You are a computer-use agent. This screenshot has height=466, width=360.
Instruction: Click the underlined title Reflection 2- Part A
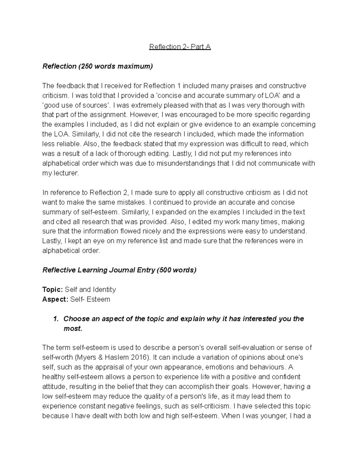pyautogui.click(x=180, y=47)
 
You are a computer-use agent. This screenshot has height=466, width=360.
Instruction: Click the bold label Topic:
pyautogui.click(x=52, y=290)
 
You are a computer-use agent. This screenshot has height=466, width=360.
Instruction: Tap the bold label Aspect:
pyautogui.click(x=55, y=299)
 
